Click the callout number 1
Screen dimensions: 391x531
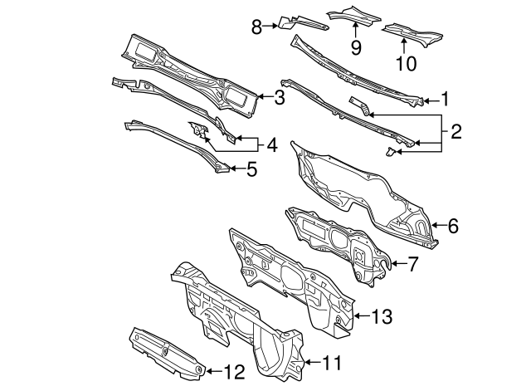click(x=446, y=100)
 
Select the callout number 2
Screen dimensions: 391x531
click(x=455, y=131)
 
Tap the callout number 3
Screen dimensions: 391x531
click(x=280, y=97)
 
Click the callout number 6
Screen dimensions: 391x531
click(x=452, y=225)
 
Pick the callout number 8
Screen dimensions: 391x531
click(x=257, y=27)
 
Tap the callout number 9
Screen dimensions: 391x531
click(x=355, y=46)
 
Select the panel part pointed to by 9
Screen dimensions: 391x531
click(x=355, y=13)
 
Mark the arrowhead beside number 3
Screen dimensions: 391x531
click(x=261, y=97)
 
